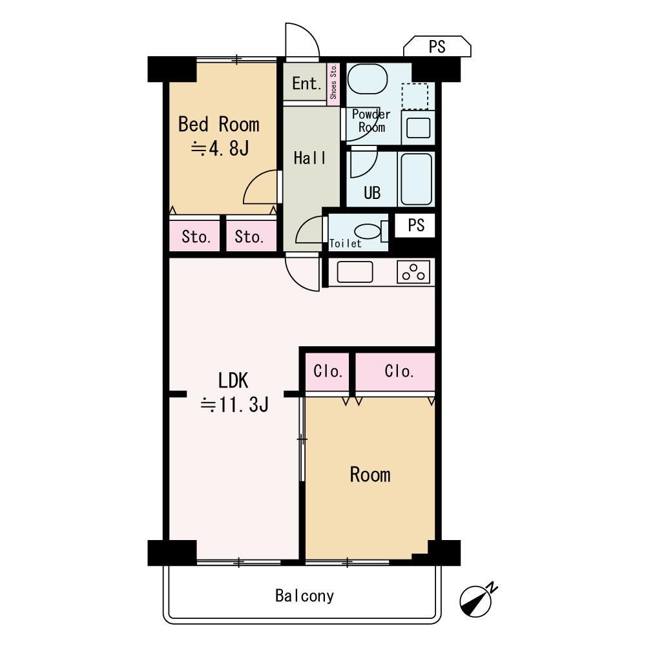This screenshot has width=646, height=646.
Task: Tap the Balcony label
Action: (x=304, y=596)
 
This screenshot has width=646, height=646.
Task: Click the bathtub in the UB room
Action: (x=416, y=179)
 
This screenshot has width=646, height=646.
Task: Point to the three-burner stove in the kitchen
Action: (x=413, y=272)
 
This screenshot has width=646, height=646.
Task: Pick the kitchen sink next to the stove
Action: (x=355, y=272)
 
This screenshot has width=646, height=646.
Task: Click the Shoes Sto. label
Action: (x=333, y=82)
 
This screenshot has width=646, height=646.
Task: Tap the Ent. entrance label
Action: (x=306, y=83)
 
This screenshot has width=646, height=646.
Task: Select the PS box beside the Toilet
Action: (x=415, y=225)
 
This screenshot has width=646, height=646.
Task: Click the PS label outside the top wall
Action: (x=437, y=47)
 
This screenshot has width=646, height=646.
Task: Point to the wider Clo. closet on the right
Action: (x=395, y=371)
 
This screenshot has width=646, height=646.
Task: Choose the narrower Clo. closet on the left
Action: (x=327, y=371)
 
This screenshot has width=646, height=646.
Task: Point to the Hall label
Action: (x=310, y=158)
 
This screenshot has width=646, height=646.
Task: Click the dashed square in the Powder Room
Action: (x=415, y=96)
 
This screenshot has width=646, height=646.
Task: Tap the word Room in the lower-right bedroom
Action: (x=370, y=475)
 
